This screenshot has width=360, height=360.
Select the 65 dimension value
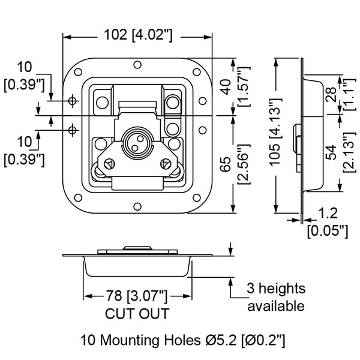(x=226, y=166)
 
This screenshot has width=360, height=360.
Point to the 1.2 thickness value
(x=328, y=214)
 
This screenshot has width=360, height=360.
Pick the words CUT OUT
(x=137, y=313)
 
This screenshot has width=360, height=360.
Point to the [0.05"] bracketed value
(x=328, y=229)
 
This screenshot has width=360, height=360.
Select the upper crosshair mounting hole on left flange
(x=73, y=100)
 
